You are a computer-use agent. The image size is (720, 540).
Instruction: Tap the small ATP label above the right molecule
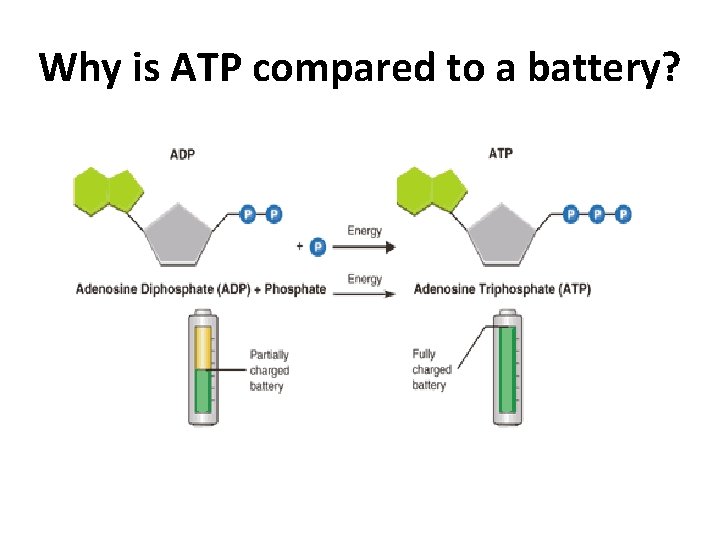[502, 153]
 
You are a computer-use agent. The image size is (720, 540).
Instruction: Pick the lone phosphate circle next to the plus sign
[318, 246]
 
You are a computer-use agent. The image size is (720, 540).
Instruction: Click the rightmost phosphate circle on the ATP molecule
[624, 214]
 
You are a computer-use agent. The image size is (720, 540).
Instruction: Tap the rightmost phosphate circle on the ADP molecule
[274, 214]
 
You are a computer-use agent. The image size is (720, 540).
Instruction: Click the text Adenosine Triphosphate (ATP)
[502, 290]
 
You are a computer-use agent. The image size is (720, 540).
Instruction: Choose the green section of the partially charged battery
[202, 391]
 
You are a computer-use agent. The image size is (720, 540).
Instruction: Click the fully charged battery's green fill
[506, 370]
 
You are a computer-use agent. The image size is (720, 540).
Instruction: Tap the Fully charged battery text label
[431, 369]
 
